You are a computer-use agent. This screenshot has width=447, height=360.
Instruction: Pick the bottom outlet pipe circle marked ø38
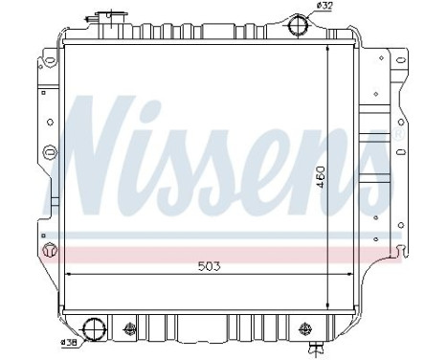pyautogui.click(x=96, y=329)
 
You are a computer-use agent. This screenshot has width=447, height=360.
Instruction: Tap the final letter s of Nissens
pyautogui.click(x=368, y=158)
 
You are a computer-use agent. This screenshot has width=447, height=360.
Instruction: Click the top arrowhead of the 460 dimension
pyautogui.click(x=328, y=49)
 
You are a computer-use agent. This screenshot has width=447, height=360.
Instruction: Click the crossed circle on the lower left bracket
pyautogui.click(x=50, y=252)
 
